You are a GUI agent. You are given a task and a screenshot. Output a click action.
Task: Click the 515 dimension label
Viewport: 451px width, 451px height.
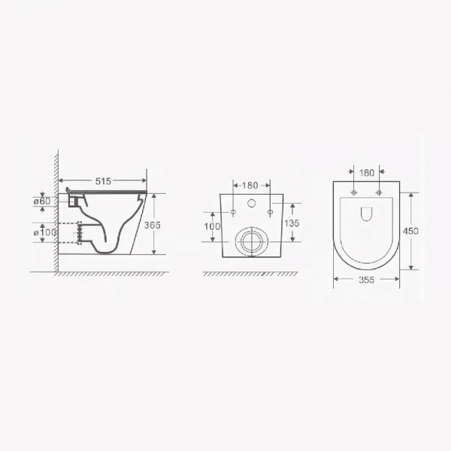click(103, 181)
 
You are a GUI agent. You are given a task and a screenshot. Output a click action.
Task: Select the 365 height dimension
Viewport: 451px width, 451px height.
click(152, 225)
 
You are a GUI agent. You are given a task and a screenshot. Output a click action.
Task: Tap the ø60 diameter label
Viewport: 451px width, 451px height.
click(42, 201)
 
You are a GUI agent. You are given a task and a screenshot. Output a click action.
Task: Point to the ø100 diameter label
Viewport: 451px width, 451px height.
click(45, 232)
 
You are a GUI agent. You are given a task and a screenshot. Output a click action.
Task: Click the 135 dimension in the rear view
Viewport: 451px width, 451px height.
click(292, 223)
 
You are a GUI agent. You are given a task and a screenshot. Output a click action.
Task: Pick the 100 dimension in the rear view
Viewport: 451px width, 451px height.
click(212, 226)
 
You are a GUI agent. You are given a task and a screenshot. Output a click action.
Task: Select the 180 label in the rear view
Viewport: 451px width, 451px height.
click(250, 186)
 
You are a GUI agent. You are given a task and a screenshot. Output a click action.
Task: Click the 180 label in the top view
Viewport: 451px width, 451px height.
click(367, 173)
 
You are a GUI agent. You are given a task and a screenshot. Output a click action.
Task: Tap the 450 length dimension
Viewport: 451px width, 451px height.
click(410, 231)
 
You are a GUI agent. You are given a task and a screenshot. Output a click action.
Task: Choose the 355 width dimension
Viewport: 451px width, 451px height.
click(367, 280)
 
